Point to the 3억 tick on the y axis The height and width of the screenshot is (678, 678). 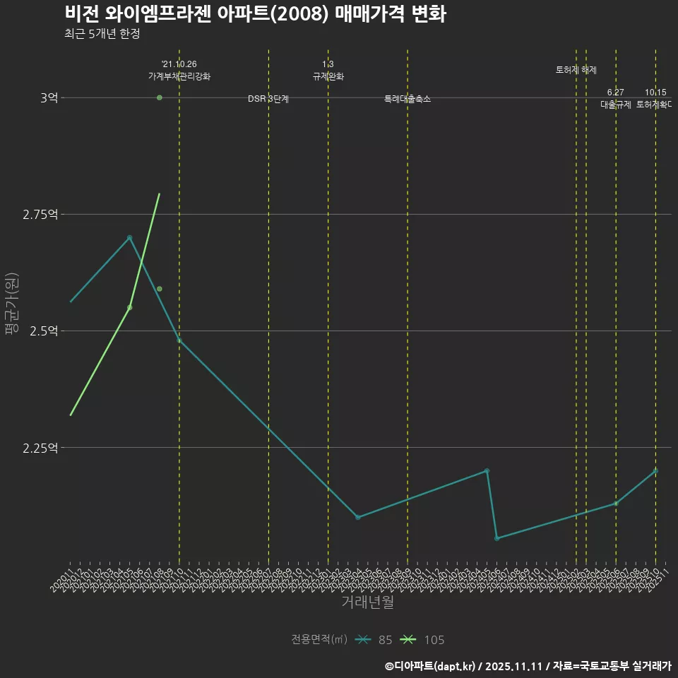[x=49, y=97]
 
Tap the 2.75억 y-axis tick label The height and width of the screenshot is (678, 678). [x=40, y=214]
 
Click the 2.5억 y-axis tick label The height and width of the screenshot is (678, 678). [x=44, y=331]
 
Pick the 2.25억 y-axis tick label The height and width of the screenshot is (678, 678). [x=40, y=447]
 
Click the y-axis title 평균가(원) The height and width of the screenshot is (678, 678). [x=12, y=307]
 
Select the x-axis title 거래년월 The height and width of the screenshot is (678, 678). [x=367, y=602]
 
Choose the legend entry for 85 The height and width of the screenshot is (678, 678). [x=375, y=640]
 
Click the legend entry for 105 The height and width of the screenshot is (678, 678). [x=423, y=640]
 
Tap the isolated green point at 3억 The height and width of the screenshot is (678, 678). [x=160, y=97]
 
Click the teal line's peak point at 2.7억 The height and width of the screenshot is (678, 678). [x=130, y=237]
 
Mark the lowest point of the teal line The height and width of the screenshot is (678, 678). [x=497, y=538]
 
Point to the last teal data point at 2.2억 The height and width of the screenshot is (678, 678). [x=655, y=470]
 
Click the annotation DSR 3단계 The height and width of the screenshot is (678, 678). [x=268, y=99]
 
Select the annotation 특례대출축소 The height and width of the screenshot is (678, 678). [x=408, y=99]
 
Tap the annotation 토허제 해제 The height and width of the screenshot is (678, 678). [x=576, y=70]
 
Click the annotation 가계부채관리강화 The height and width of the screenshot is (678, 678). [x=179, y=76]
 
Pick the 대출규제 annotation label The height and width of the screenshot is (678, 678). [x=616, y=104]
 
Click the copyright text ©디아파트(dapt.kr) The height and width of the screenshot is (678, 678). [x=432, y=666]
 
